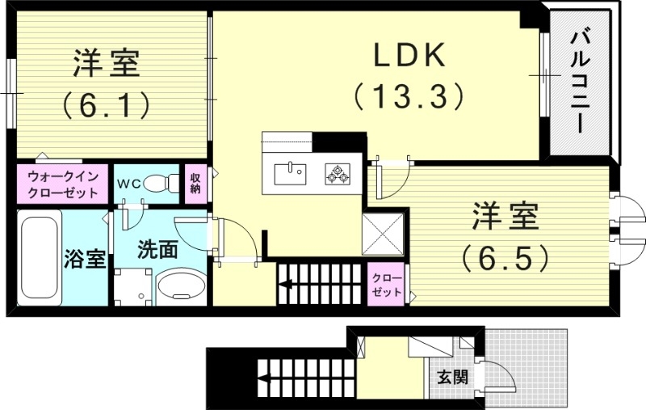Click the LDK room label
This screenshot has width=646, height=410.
click(x=409, y=56)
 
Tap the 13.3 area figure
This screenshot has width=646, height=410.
click(x=409, y=97)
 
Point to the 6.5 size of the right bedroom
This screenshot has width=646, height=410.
click(x=505, y=257)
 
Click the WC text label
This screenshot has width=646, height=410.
click(x=129, y=184)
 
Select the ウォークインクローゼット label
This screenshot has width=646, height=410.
click(x=63, y=184)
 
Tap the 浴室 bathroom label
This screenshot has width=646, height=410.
click(x=85, y=260)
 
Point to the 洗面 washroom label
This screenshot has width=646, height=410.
click(x=157, y=249)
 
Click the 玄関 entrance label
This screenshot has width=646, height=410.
click(x=452, y=377)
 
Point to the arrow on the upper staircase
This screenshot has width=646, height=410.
click(x=287, y=283)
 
